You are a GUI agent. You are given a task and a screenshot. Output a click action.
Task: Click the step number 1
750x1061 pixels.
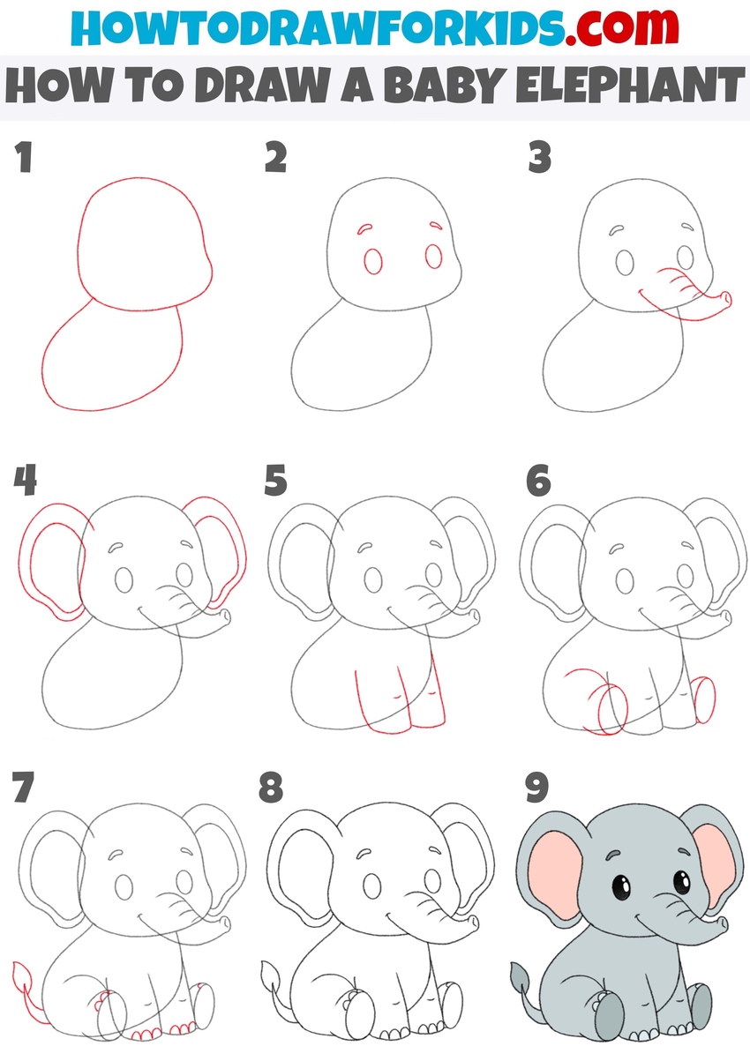point(24,159)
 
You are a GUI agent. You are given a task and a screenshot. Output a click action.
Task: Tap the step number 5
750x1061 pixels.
point(276,482)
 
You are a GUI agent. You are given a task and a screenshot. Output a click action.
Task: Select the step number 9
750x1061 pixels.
point(538,788)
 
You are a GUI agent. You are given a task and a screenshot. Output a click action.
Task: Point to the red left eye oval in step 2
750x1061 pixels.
point(373,262)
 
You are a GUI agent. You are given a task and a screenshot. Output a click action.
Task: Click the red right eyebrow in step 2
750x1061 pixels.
point(433,225)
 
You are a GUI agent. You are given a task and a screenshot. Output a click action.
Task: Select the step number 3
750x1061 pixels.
point(539,159)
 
